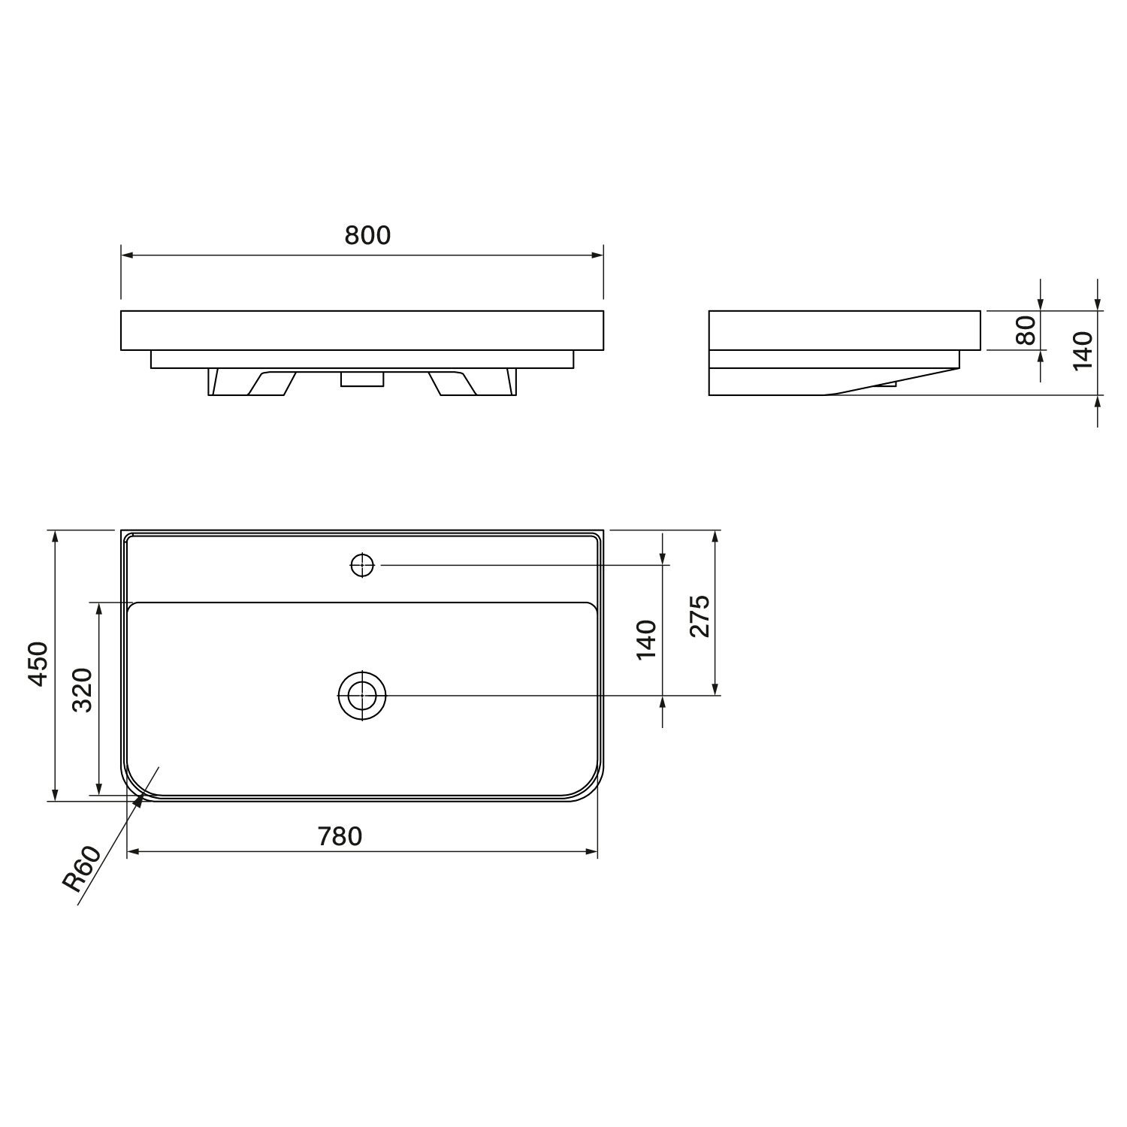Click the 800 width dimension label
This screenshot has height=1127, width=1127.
pos(368,235)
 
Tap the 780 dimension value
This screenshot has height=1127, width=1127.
pos(340,835)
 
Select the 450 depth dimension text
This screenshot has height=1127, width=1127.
pos(38,664)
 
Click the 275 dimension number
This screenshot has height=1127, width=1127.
pos(699,616)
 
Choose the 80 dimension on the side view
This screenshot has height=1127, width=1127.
pos(1026,330)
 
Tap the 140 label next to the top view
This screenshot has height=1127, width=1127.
pos(646,639)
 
